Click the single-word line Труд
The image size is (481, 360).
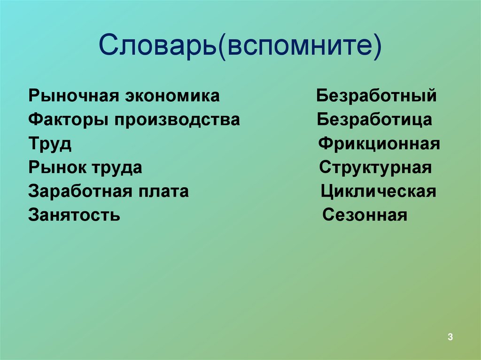tap(50, 144)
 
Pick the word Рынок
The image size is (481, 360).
tap(58, 168)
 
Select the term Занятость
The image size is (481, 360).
tap(74, 215)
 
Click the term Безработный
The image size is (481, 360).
tap(376, 96)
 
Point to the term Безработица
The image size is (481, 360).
tap(374, 120)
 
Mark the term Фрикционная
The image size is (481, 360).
tap(379, 144)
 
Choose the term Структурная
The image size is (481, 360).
tap(375, 168)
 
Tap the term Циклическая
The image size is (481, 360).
tap(379, 191)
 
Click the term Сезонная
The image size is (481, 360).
tap(365, 215)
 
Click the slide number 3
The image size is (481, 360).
tap(450, 337)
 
